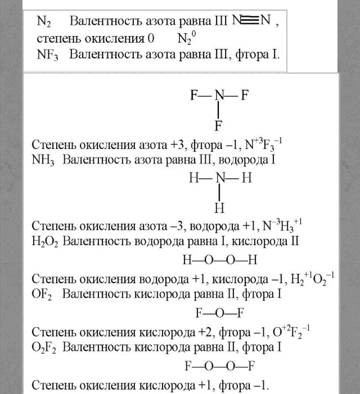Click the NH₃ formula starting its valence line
[44, 161]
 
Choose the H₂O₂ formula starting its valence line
[44, 242]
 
